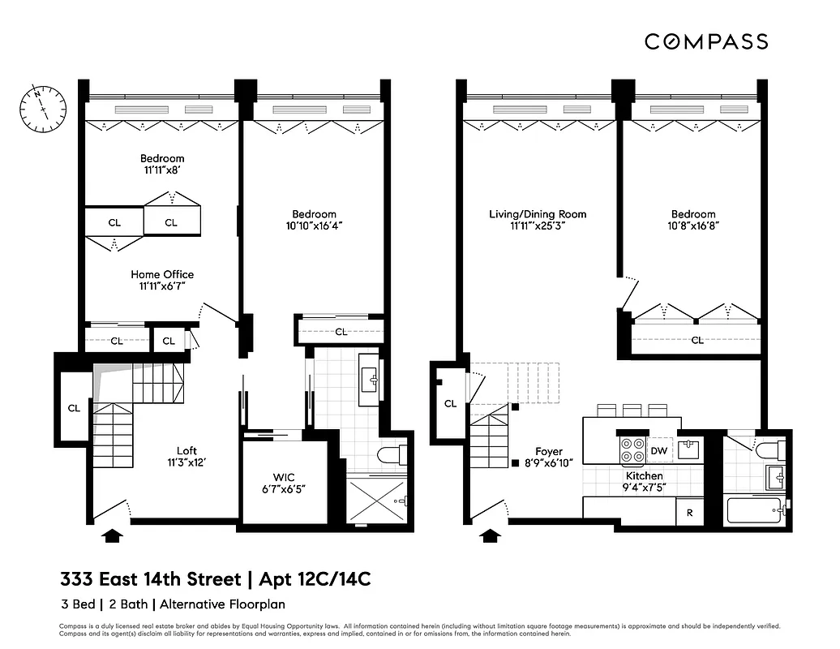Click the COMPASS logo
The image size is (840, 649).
(705, 41)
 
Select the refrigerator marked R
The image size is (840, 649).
(689, 512)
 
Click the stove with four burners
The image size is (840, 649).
(630, 449)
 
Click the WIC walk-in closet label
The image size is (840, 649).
(283, 478)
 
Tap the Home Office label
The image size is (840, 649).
(162, 275)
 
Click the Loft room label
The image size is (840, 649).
(187, 451)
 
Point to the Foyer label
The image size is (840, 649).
(548, 452)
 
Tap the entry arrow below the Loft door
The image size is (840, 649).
(113, 535)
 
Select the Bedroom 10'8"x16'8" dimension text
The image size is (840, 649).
(692, 227)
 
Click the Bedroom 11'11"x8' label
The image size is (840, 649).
(162, 158)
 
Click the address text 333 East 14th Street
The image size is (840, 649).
(151, 579)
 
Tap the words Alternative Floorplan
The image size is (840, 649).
(222, 604)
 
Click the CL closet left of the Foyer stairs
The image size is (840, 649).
(450, 403)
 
